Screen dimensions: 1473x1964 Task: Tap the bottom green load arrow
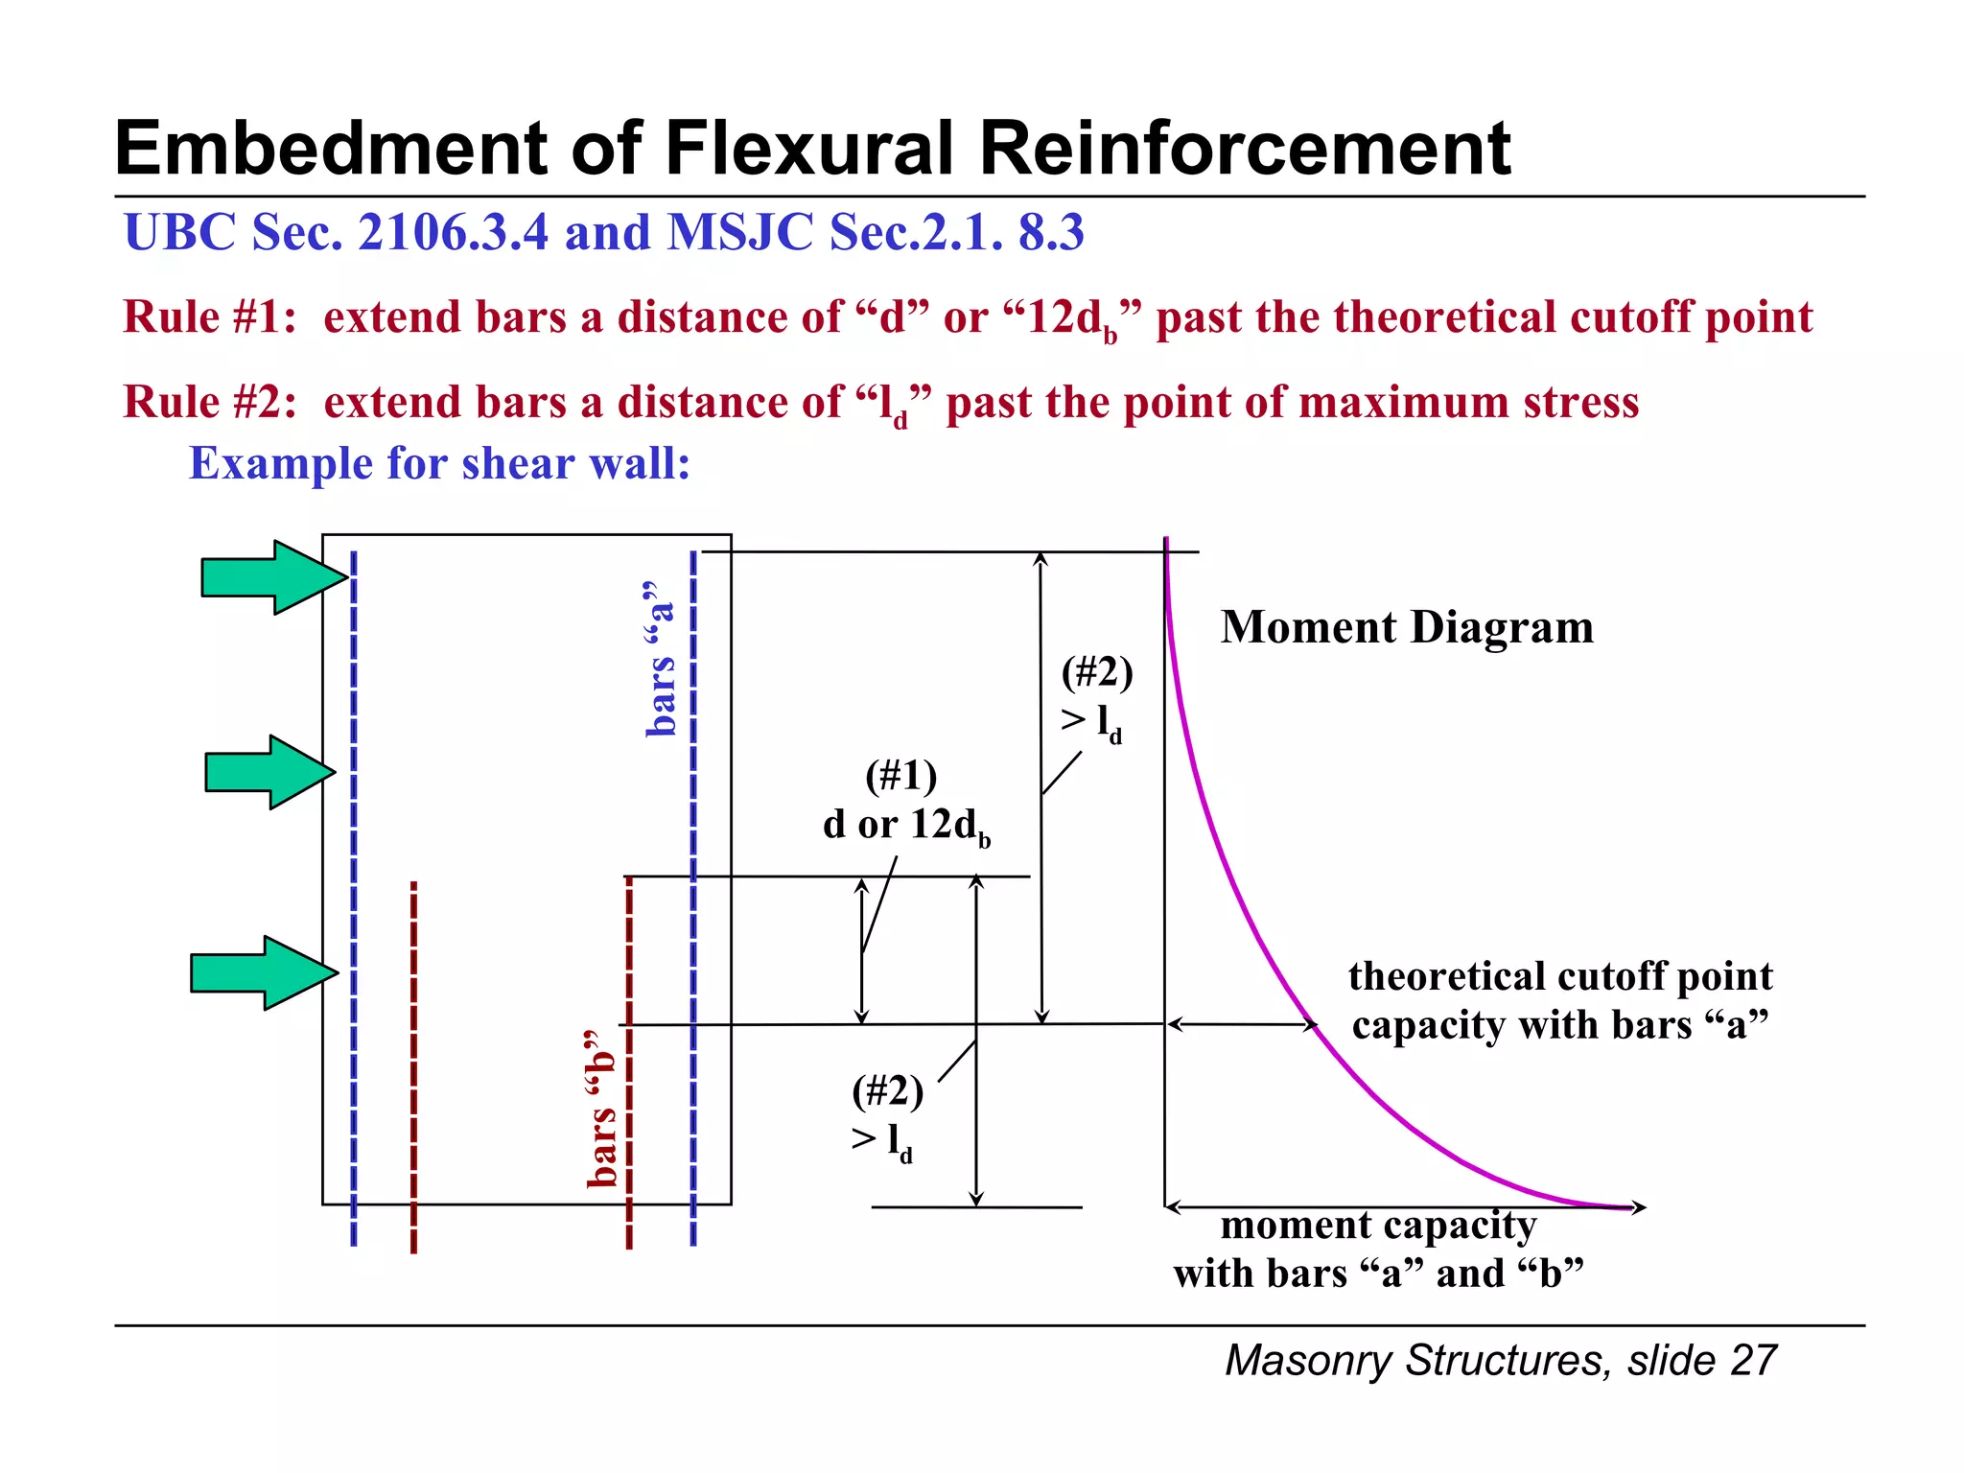(262, 972)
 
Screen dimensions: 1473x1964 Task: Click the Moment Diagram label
(1406, 627)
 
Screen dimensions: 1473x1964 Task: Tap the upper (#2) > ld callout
(1096, 697)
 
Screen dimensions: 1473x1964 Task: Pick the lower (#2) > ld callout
(887, 1116)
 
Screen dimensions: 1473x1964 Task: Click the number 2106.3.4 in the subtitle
(453, 232)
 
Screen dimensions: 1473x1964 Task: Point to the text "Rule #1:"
(209, 316)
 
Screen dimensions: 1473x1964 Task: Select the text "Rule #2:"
(209, 401)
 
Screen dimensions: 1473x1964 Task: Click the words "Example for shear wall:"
(439, 463)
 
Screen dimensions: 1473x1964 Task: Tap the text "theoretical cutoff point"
(1559, 976)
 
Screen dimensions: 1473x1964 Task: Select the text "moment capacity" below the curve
(1377, 1225)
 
